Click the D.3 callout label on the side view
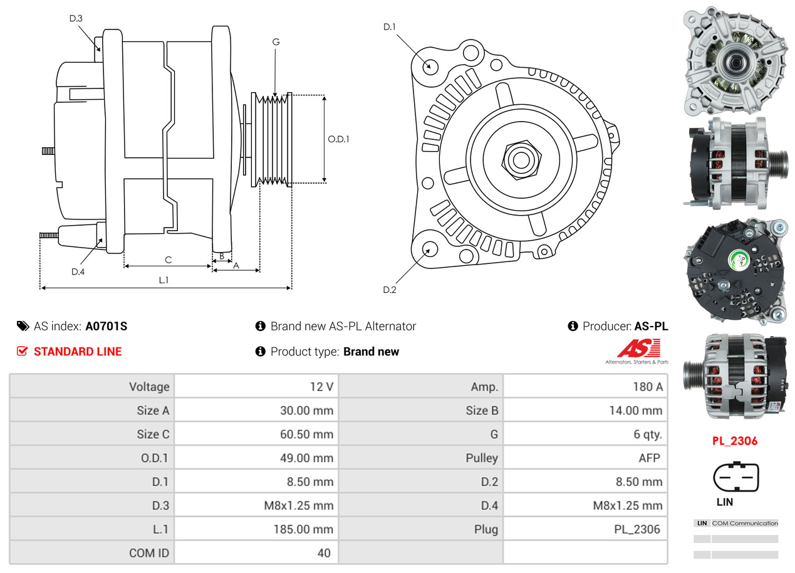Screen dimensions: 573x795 coord(76,18)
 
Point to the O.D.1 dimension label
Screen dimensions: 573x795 coord(338,139)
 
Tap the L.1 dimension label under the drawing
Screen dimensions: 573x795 coord(164,280)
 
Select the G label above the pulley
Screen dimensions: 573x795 coord(276,42)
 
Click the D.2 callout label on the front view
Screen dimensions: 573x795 coord(390,290)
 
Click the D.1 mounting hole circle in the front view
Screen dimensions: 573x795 coord(430,65)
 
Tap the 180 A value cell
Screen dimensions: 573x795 coord(647,387)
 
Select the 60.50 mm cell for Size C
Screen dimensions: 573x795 coord(306,434)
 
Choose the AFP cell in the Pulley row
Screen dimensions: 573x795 coord(649,458)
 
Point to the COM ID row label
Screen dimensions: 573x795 coord(149,554)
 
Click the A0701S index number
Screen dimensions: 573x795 coord(107,326)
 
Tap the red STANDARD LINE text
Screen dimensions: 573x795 coord(78,352)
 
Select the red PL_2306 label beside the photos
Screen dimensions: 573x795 coord(734,441)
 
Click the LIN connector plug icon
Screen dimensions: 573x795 coord(735,478)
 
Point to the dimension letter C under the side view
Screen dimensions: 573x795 coord(168,260)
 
